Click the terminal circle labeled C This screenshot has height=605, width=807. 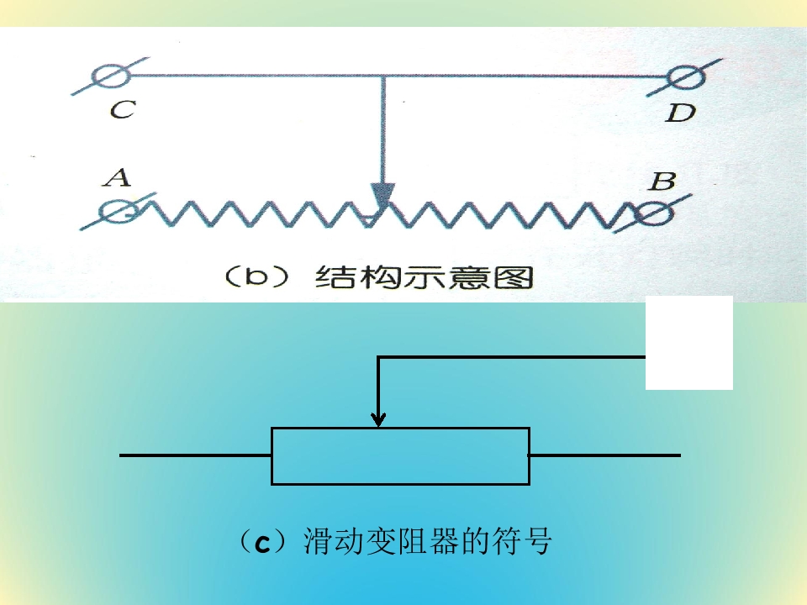point(112,76)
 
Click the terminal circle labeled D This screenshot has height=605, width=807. point(686,77)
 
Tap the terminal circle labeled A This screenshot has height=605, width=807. point(119,212)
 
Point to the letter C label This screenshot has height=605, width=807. point(123,109)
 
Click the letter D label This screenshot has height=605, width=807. point(680,113)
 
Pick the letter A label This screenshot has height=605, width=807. point(118,177)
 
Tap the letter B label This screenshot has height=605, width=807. point(663,181)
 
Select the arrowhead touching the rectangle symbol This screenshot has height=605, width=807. point(378,420)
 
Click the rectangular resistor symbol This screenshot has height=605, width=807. point(400,455)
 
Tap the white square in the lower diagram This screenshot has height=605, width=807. point(689,343)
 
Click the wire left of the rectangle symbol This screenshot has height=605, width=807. point(196,455)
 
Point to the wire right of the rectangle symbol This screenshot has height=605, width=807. point(605,455)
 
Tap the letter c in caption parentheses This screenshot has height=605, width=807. point(263,544)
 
